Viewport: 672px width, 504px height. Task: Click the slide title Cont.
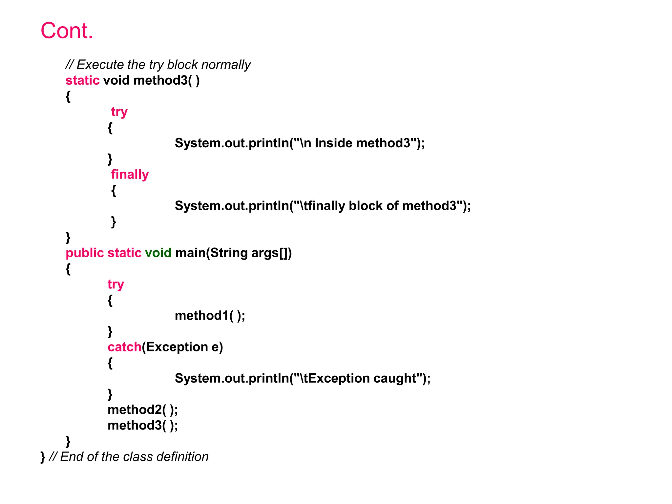[67, 31]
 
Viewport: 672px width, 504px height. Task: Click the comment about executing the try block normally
[158, 65]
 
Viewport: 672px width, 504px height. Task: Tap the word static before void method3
[82, 80]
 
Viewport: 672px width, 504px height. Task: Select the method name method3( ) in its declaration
[166, 80]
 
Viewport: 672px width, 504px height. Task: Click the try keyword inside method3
[119, 112]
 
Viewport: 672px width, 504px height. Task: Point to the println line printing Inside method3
[300, 143]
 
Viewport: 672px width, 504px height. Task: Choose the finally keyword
[130, 174]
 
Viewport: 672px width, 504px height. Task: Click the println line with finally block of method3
[323, 206]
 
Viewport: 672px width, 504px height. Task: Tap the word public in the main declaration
[85, 253]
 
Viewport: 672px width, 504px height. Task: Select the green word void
[158, 253]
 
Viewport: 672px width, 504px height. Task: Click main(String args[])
[233, 253]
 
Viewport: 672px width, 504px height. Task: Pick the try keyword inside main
[116, 284]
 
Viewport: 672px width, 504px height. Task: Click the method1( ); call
[210, 316]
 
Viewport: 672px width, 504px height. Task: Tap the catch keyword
[124, 347]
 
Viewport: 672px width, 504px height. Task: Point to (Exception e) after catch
[182, 347]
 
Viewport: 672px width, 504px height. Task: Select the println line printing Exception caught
[303, 378]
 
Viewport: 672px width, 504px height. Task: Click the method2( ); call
[143, 410]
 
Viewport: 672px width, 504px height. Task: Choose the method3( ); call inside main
[143, 426]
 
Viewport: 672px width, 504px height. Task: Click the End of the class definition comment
[129, 457]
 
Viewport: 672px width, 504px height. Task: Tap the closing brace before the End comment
[43, 457]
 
